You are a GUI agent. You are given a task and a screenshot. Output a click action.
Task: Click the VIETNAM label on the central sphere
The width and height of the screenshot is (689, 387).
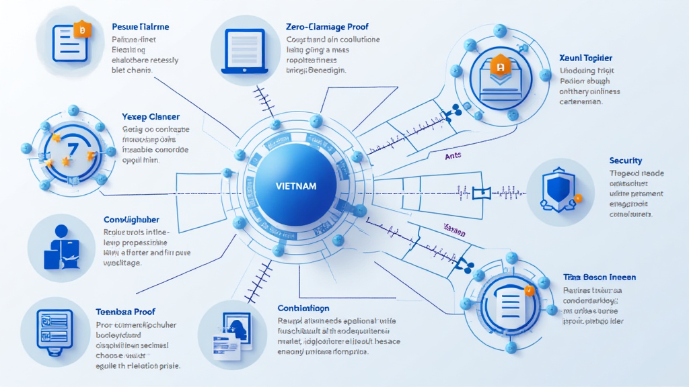point(296,185)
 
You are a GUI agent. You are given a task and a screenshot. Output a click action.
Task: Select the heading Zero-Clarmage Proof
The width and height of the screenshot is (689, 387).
point(327,27)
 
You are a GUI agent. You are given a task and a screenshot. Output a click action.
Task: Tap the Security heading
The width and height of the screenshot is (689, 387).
point(625,161)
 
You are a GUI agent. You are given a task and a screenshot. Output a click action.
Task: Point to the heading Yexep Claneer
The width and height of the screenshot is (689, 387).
point(150,117)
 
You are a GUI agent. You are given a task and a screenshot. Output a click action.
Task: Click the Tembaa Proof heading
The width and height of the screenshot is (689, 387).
point(125,312)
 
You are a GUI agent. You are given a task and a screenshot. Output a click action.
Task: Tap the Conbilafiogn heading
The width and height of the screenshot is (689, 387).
point(303,308)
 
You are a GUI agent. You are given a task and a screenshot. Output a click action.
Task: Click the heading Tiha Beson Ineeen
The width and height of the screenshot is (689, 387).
point(600,277)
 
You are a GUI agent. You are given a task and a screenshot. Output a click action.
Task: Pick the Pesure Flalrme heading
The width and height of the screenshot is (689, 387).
point(140,27)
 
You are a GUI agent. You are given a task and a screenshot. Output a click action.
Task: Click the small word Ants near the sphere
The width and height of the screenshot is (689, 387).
point(454,156)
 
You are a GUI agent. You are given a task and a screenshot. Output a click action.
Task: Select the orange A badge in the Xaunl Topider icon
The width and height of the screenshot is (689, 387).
point(499,66)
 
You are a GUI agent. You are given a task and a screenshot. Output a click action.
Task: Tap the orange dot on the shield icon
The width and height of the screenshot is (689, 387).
point(577,199)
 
